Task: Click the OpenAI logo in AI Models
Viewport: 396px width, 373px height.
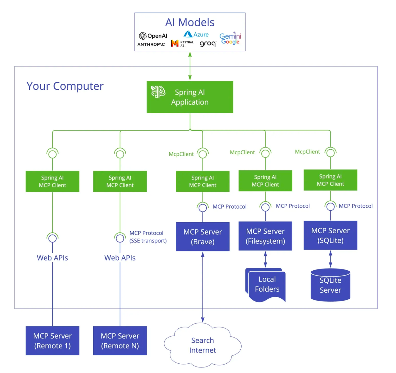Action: pyautogui.click(x=153, y=36)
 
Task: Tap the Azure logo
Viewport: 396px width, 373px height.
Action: pyautogui.click(x=196, y=34)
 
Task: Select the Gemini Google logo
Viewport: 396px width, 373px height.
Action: pyautogui.click(x=230, y=39)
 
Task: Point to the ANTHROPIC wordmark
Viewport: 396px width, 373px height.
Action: pyautogui.click(x=151, y=44)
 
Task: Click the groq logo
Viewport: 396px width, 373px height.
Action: pyautogui.click(x=208, y=44)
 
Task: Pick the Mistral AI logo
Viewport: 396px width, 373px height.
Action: pyautogui.click(x=182, y=44)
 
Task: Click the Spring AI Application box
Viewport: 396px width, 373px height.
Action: pyautogui.click(x=190, y=97)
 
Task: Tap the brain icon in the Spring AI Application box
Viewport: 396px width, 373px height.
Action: pyautogui.click(x=158, y=92)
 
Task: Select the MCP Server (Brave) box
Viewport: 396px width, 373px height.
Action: pyautogui.click(x=203, y=237)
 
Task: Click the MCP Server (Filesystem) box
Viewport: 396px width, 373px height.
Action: pyautogui.click(x=265, y=236)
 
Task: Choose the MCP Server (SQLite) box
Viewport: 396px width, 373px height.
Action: pyautogui.click(x=330, y=235)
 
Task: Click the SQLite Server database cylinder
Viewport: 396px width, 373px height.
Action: pyautogui.click(x=330, y=285)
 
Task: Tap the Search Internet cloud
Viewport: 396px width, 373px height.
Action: pyautogui.click(x=203, y=345)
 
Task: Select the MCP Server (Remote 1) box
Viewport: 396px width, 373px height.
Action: pyautogui.click(x=52, y=341)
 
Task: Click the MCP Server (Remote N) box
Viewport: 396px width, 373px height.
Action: pyautogui.click(x=120, y=341)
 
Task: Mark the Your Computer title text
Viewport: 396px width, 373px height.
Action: pyautogui.click(x=65, y=86)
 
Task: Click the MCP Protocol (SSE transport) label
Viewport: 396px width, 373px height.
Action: pyautogui.click(x=148, y=237)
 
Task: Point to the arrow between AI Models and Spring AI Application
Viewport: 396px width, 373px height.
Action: pyautogui.click(x=190, y=66)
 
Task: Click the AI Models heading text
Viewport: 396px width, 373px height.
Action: pyautogui.click(x=190, y=22)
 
